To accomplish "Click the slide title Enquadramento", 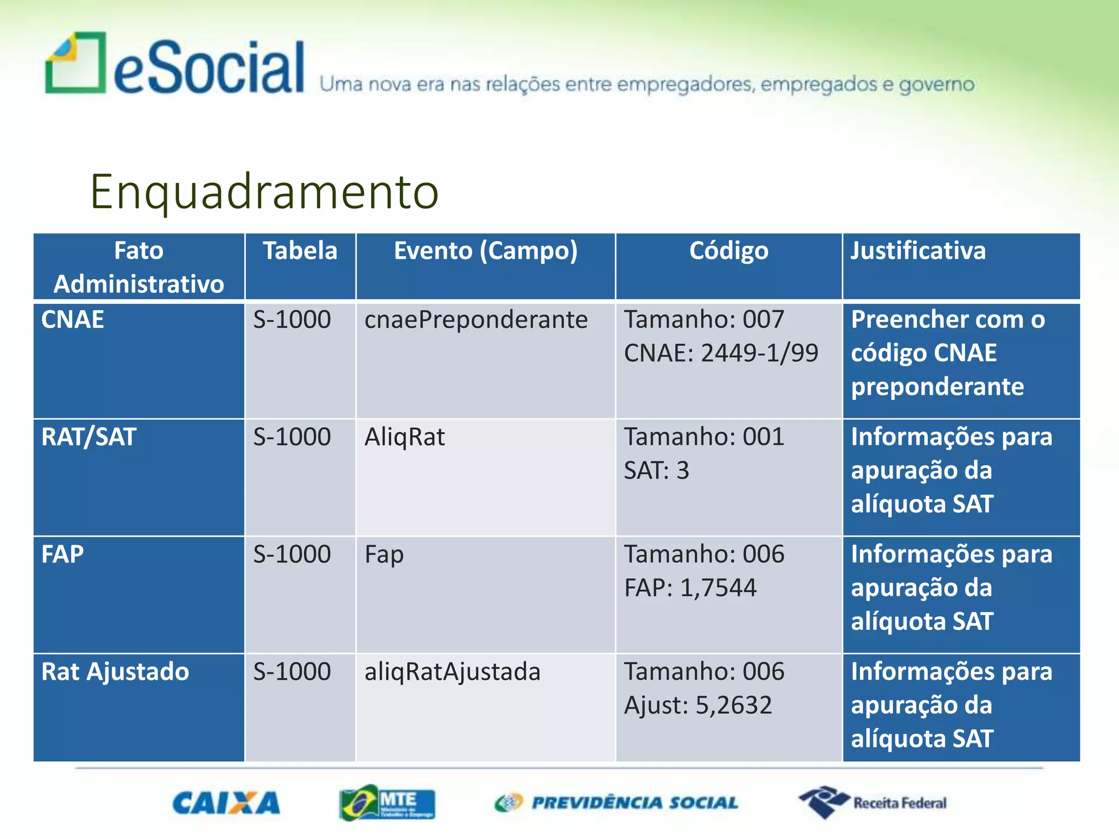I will (264, 192).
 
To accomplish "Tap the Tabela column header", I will (300, 251).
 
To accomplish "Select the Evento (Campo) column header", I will (485, 251).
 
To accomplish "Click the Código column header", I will (728, 251).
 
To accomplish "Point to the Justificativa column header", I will (918, 251).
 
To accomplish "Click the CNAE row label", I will (73, 320).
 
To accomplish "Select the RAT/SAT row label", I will (89, 438).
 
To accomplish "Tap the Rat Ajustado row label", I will (115, 672).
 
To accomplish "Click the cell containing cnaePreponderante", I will (476, 320).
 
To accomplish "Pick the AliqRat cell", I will (405, 438).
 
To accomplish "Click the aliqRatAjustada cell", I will (452, 672).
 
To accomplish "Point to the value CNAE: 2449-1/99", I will (721, 353).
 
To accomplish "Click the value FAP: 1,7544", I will (690, 588).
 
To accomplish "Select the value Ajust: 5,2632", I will (698, 706).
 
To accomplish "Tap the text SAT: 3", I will (656, 471).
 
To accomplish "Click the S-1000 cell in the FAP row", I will (292, 555).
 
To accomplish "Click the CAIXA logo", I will (226, 803).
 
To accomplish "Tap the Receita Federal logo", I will (873, 802).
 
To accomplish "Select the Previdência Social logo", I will (616, 803).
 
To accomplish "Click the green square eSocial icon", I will (75, 63).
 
